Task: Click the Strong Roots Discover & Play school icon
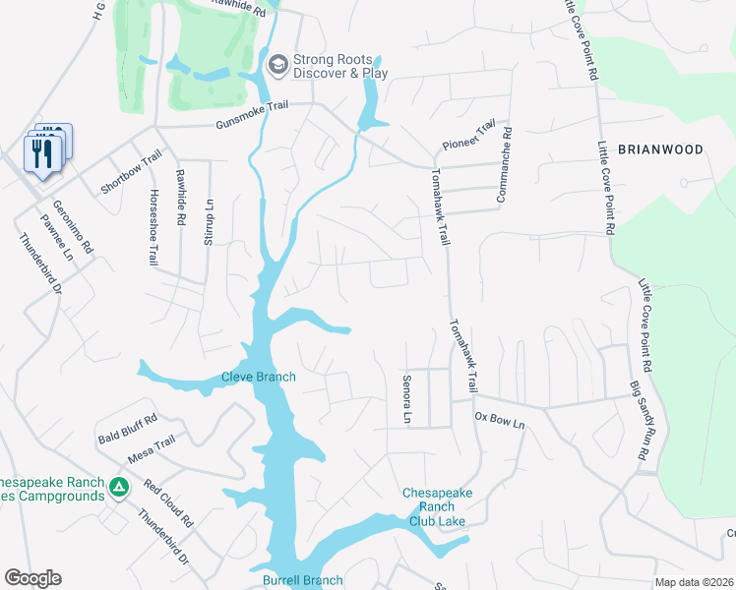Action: click(x=277, y=65)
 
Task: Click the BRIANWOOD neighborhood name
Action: click(x=660, y=149)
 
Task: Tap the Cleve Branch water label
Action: click(x=259, y=377)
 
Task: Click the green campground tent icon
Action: click(x=118, y=486)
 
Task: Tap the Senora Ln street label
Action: click(x=405, y=398)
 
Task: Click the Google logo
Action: click(x=33, y=578)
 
